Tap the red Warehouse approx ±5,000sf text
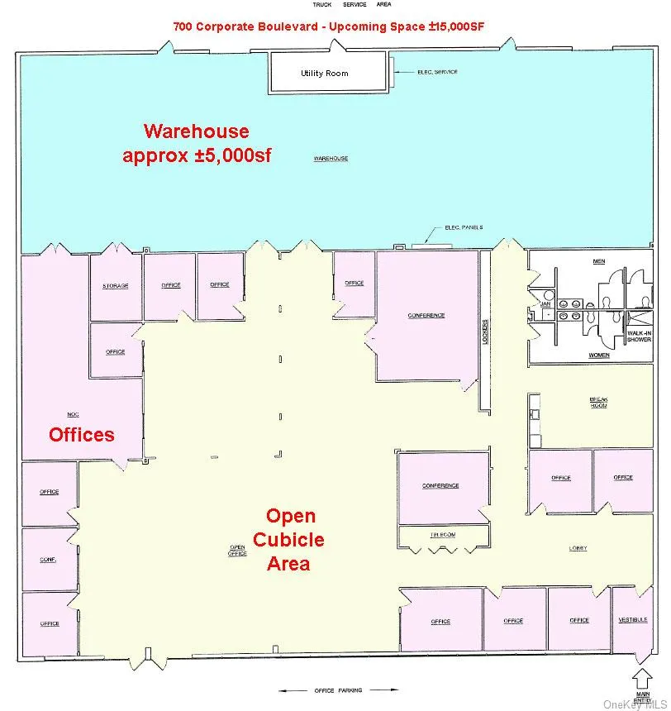pyautogui.click(x=197, y=143)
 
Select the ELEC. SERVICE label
pyautogui.click(x=437, y=72)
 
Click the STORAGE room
pyautogui.click(x=116, y=286)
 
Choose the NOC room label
pyautogui.click(x=73, y=413)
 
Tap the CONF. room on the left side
pyautogui.click(x=48, y=560)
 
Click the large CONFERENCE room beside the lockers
pyautogui.click(x=426, y=316)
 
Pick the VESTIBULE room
pyautogui.click(x=633, y=619)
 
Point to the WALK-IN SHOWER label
pyautogui.click(x=640, y=336)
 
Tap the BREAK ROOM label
pyautogui.click(x=599, y=402)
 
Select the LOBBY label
pyautogui.click(x=578, y=548)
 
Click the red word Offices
pyautogui.click(x=81, y=434)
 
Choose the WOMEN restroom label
pyautogui.click(x=599, y=355)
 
